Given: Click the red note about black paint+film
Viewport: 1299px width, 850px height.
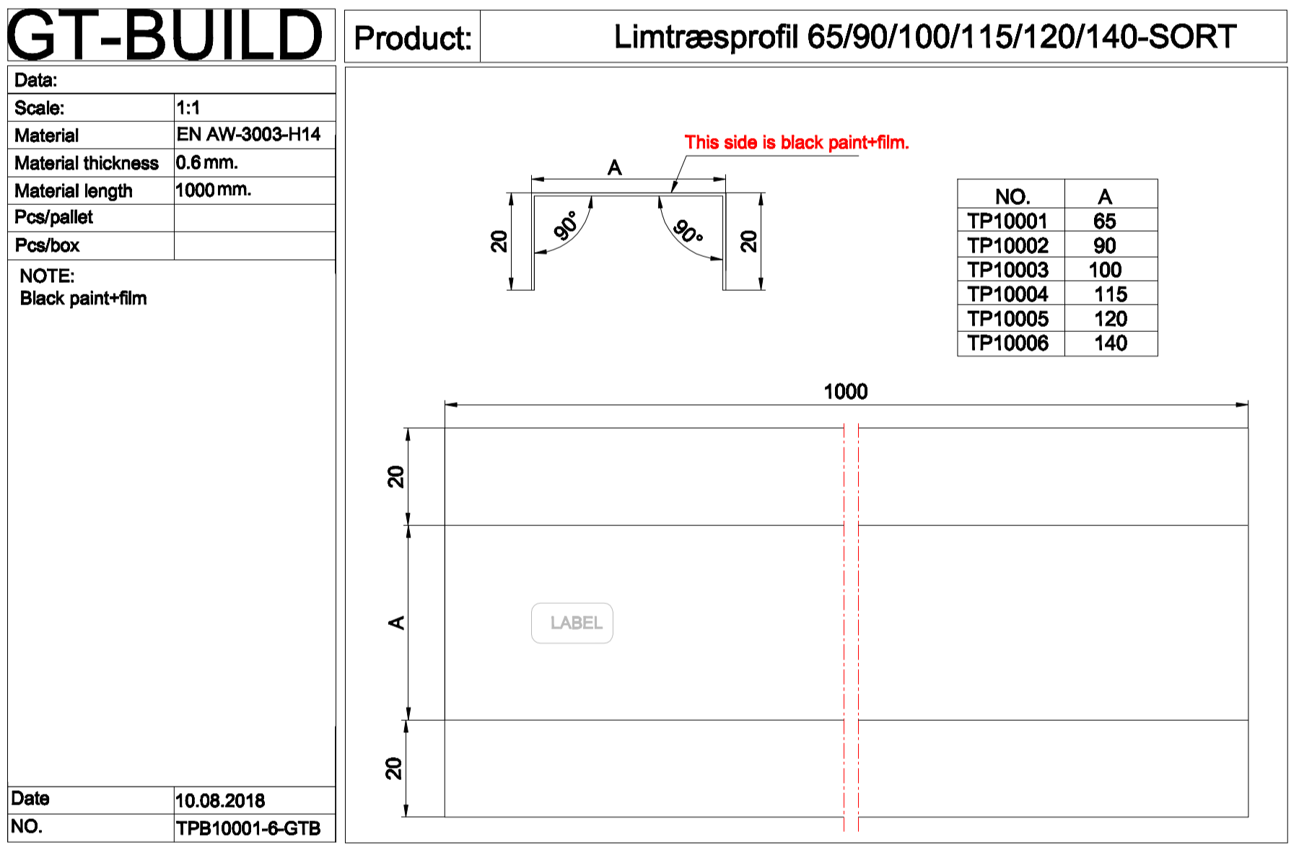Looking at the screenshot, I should (x=796, y=143).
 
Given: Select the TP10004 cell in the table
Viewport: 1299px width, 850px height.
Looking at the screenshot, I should (x=1007, y=294).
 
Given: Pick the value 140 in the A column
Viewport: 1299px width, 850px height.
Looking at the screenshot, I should (x=1110, y=343).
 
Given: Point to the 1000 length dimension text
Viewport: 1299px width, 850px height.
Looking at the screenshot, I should (x=845, y=392).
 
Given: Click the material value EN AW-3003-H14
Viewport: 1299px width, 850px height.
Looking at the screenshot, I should (x=248, y=135).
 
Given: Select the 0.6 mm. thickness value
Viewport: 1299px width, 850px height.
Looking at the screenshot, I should (x=206, y=162).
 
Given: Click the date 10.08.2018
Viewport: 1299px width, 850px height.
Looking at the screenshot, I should (x=220, y=801).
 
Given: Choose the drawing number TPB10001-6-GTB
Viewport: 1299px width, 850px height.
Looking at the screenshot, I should (x=248, y=828).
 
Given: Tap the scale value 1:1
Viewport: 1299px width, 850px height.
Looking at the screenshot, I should (x=188, y=108).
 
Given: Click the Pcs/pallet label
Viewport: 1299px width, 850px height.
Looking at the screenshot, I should (x=54, y=217).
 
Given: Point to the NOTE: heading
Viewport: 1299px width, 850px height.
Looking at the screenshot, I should (x=47, y=276).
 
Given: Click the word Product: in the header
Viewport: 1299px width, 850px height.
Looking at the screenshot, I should (x=413, y=38).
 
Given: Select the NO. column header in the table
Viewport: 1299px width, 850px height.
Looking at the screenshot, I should (x=1012, y=197).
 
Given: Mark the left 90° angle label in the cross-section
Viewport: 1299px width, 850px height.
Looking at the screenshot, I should (x=566, y=226).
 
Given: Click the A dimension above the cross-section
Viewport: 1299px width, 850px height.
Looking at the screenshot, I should (x=614, y=168).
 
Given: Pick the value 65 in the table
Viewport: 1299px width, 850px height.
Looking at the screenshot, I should (x=1104, y=222).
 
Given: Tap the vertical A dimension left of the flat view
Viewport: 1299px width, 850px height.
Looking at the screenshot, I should (x=396, y=623).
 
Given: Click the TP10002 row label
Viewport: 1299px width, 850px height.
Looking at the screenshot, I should (x=1007, y=246).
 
